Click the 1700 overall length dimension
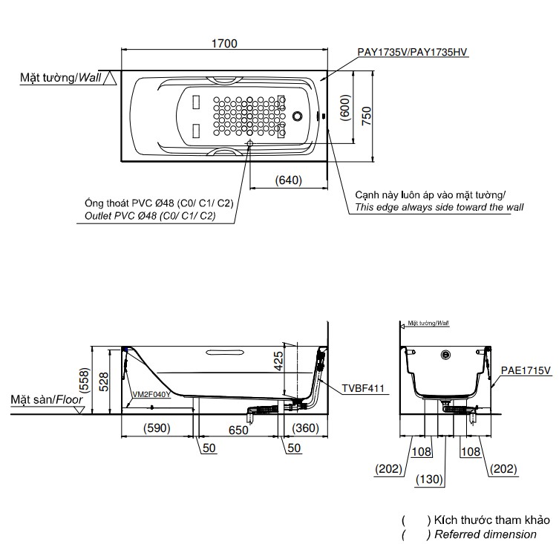[x=223, y=43]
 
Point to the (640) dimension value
[x=288, y=180]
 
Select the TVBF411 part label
[x=362, y=387]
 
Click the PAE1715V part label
[x=526, y=370]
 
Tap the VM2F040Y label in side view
[x=151, y=395]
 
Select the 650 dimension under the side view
[x=238, y=428]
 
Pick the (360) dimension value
[x=304, y=428]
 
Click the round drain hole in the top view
[x=298, y=117]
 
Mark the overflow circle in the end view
[x=446, y=355]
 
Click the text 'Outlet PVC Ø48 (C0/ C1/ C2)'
[x=146, y=216]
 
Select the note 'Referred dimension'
[x=487, y=534]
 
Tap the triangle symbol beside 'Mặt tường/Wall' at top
[x=110, y=76]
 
